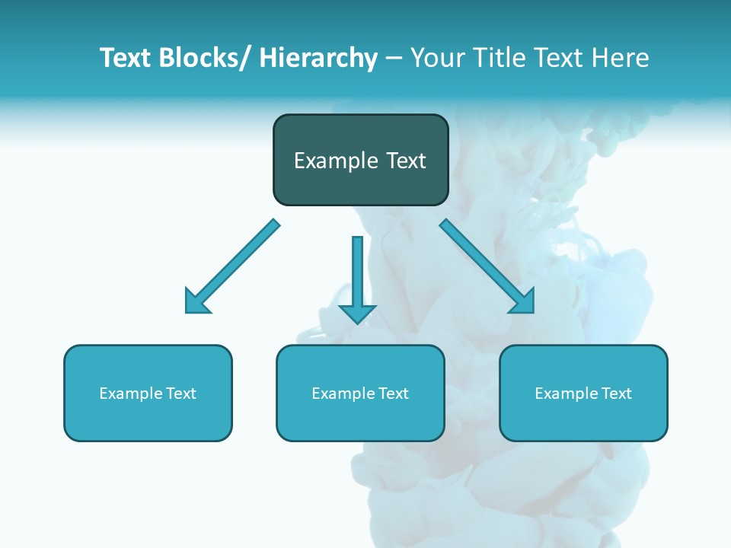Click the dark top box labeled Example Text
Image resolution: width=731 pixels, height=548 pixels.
pos(360,160)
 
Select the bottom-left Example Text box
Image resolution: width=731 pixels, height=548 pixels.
pos(148,393)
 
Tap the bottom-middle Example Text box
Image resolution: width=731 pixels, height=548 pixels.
pos(360,393)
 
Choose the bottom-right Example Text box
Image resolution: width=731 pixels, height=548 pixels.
pos(583,393)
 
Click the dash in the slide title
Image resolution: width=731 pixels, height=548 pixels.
pos(394,59)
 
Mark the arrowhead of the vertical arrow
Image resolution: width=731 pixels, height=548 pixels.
pos(357,313)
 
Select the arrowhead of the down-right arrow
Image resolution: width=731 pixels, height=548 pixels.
pos(522,301)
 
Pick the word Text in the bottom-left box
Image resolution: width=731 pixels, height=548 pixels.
pos(180,393)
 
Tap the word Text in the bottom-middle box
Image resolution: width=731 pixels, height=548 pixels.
pos(393,393)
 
